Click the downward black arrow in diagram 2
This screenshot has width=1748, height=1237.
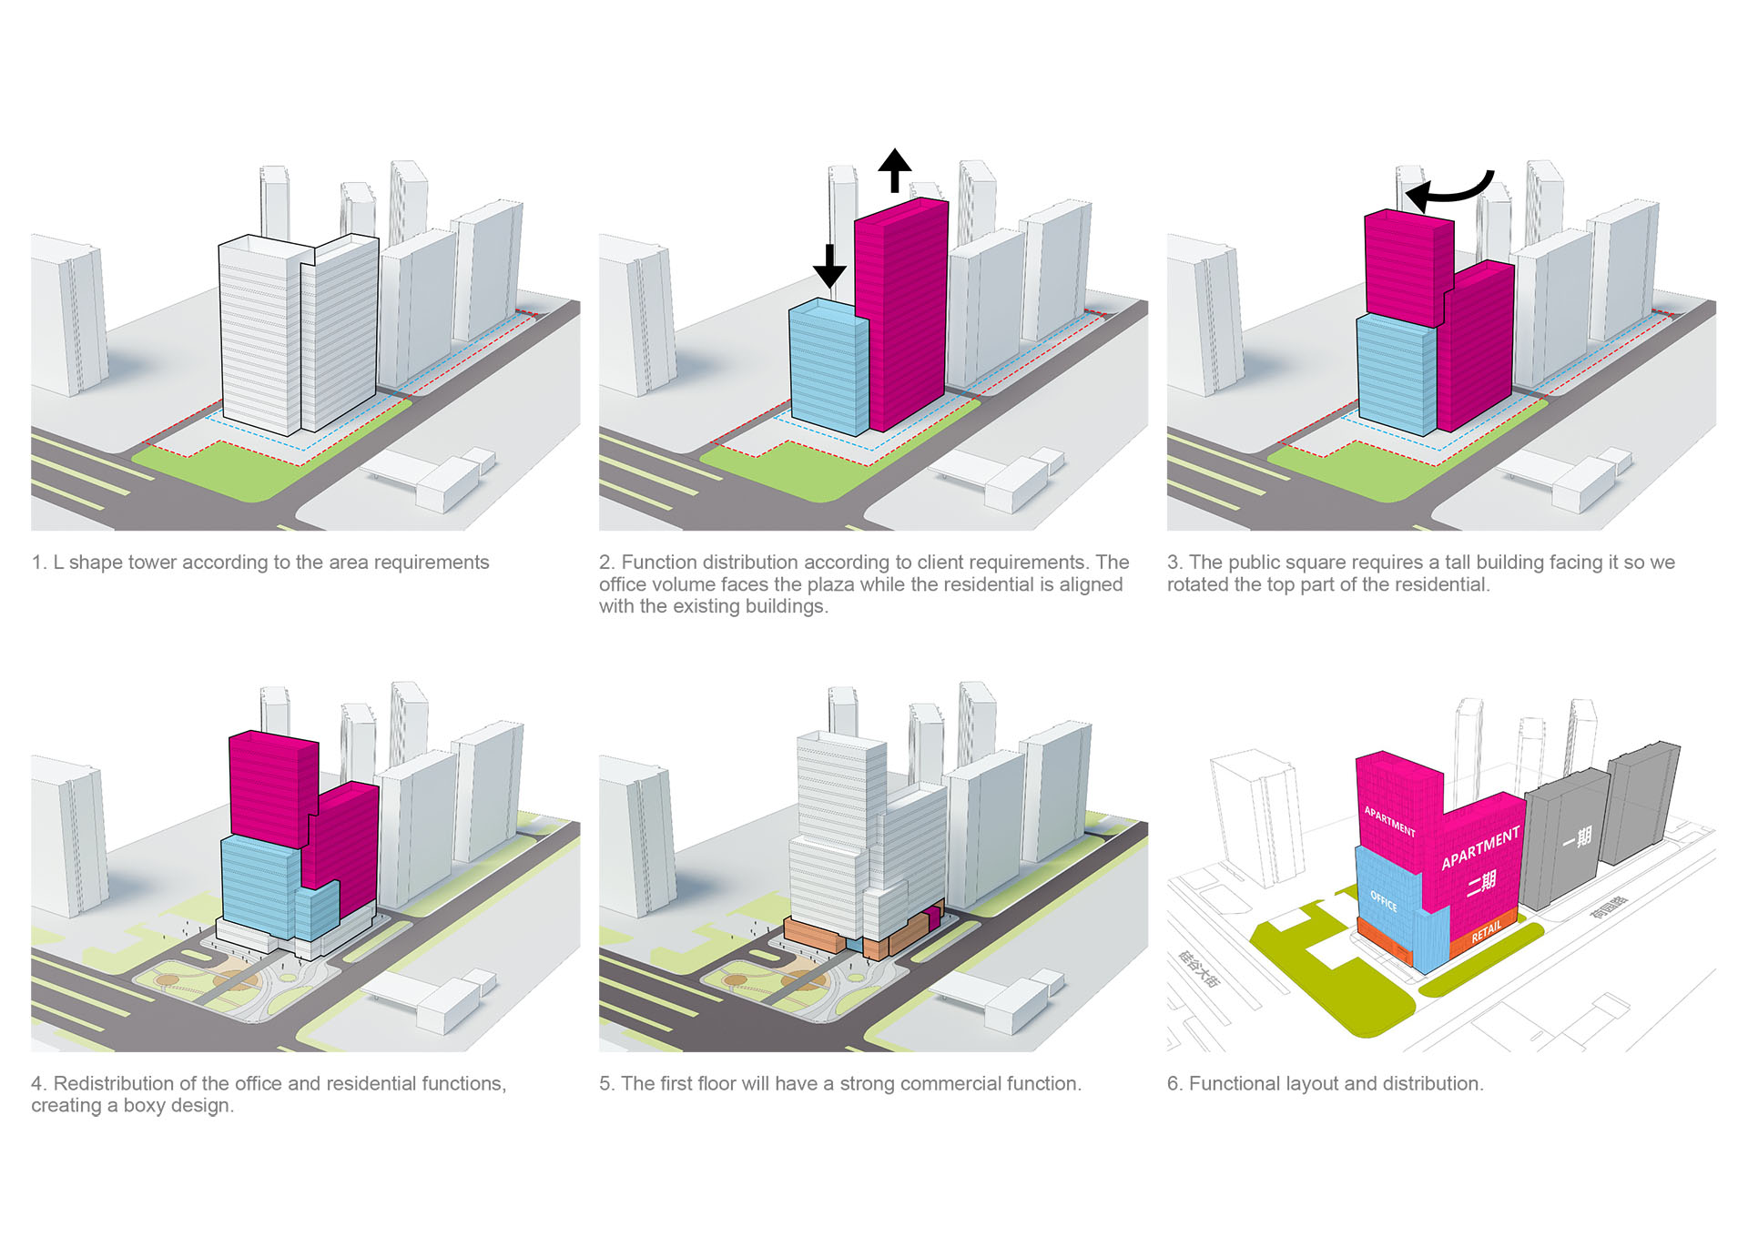click(x=829, y=266)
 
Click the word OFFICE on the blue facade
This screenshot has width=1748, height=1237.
click(x=1383, y=901)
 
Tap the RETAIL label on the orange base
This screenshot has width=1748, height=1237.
click(x=1486, y=932)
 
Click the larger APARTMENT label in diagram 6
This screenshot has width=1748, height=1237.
click(x=1480, y=847)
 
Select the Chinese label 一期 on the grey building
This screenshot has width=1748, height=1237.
click(x=1578, y=837)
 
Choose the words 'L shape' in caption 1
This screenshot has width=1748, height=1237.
click(x=87, y=563)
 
